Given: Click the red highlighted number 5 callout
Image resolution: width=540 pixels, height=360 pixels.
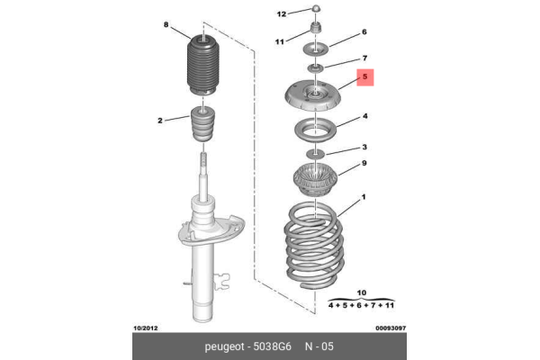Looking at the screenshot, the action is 365,77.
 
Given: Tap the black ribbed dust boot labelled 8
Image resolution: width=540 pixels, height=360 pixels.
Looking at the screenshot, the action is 202,66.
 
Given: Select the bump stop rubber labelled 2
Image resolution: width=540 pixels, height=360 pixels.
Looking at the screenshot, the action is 203,124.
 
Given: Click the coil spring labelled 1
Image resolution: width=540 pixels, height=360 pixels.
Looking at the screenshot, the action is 314,246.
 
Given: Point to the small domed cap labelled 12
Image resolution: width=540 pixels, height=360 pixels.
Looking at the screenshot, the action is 317,8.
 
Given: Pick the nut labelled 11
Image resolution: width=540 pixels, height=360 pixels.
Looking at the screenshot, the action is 316,28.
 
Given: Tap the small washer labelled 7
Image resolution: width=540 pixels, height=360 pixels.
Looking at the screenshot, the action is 316,67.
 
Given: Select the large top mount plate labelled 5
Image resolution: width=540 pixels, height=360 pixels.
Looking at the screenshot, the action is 313,95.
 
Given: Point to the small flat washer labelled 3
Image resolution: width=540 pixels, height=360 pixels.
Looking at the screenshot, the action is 316,153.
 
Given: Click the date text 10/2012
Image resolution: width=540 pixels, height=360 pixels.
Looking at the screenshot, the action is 146,328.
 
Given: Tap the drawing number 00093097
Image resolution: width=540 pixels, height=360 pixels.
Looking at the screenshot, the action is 391,328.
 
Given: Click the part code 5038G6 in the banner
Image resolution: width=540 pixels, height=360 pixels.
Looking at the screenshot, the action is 272,346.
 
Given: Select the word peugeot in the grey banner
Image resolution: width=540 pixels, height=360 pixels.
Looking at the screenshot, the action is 224,346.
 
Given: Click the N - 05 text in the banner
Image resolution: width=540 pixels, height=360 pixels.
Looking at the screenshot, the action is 319,346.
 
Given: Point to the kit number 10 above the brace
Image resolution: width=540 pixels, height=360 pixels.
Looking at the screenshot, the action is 361,292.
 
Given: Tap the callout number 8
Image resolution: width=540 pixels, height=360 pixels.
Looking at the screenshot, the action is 166,24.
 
